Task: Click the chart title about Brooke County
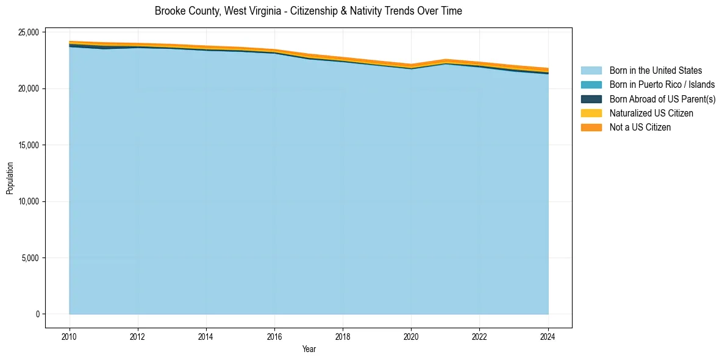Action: (x=308, y=11)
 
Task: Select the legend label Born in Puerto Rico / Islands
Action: (x=662, y=85)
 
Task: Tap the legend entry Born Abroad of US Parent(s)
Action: (x=662, y=99)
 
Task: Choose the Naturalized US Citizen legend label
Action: (x=651, y=113)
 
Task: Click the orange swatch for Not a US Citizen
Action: (x=591, y=127)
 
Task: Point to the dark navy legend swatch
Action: (x=591, y=99)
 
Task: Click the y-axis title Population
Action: (x=10, y=178)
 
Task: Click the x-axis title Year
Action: (x=309, y=349)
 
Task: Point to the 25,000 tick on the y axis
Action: (x=30, y=32)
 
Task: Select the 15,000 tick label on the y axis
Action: (x=30, y=145)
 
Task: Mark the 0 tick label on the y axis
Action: (x=38, y=314)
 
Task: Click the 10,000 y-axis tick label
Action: (x=30, y=201)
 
